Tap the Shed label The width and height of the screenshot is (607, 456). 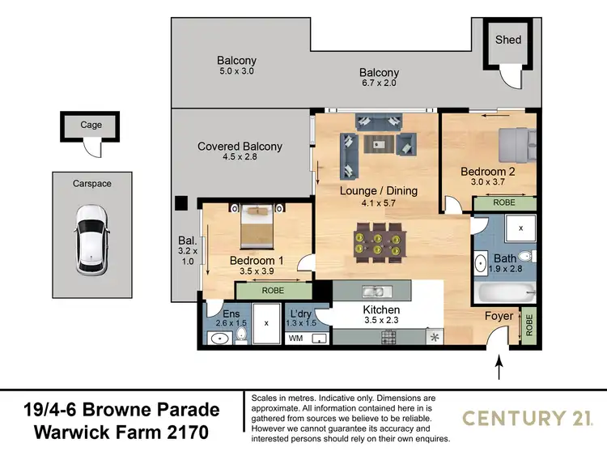point(508,39)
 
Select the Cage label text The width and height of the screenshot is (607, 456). point(91,126)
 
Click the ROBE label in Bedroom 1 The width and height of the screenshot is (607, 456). point(273,290)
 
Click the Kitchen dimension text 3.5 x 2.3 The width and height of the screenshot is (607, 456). point(381,322)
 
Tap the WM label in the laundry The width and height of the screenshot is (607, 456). point(295,338)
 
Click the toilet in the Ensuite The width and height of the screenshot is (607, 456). point(240,338)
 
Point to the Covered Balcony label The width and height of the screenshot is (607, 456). point(240,147)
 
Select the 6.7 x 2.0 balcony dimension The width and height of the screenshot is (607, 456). point(379,84)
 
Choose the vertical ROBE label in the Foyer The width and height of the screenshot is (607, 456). point(529,325)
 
